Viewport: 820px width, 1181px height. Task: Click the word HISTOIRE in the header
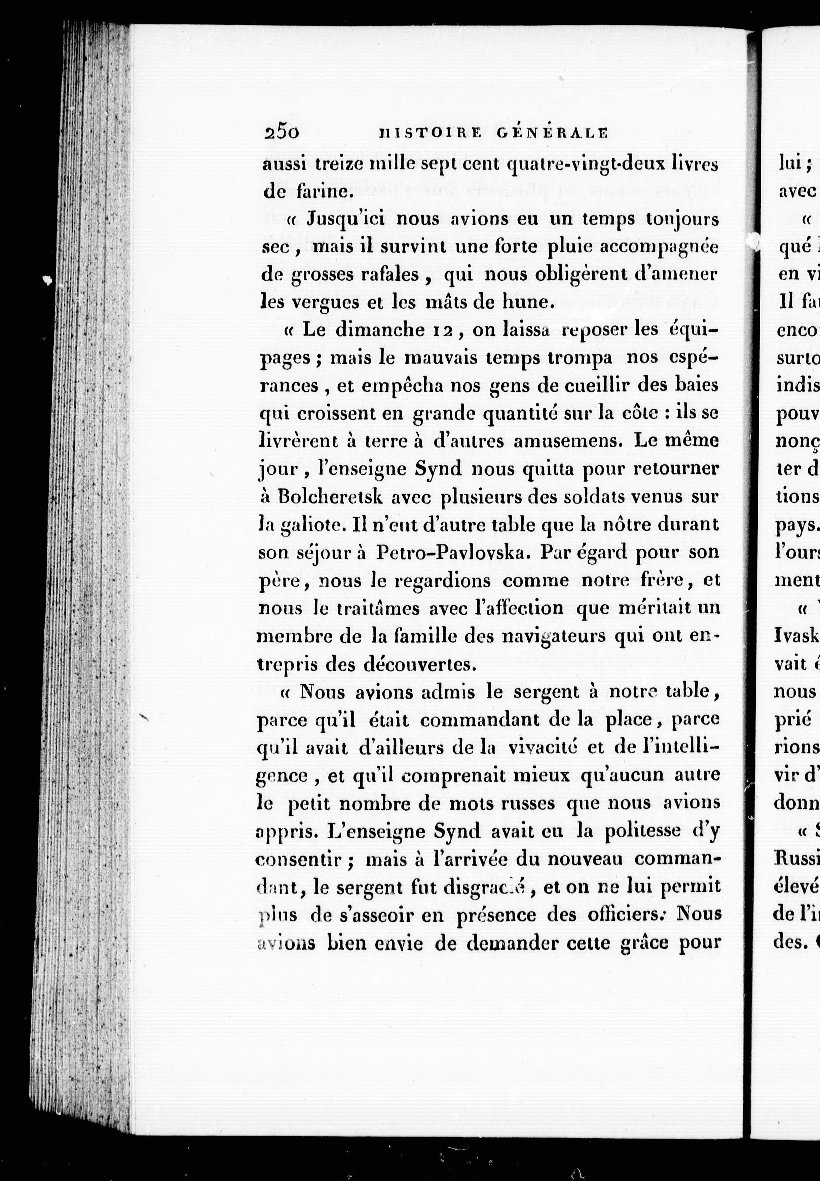430,133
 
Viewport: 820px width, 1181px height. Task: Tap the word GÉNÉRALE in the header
552,133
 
